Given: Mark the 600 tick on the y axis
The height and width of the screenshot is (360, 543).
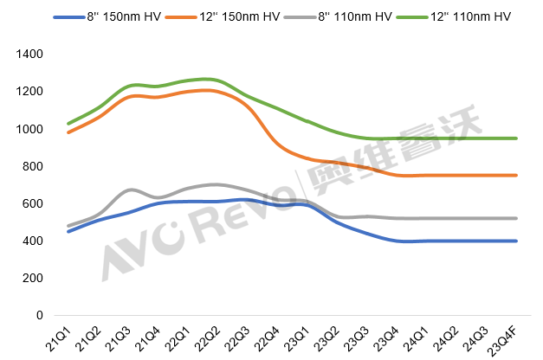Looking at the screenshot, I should click(33, 203).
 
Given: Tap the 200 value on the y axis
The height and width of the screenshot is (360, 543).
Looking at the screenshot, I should click(33, 278).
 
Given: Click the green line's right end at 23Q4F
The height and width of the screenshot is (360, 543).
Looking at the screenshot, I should click(517, 138).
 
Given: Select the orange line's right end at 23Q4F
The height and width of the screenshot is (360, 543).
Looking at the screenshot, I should click(517, 176).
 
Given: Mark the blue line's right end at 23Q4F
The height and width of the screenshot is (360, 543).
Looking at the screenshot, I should click(517, 241).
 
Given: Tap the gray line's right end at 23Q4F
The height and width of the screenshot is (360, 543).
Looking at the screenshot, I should click(517, 218).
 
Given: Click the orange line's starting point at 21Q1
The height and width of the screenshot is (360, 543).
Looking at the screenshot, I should click(68, 132).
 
